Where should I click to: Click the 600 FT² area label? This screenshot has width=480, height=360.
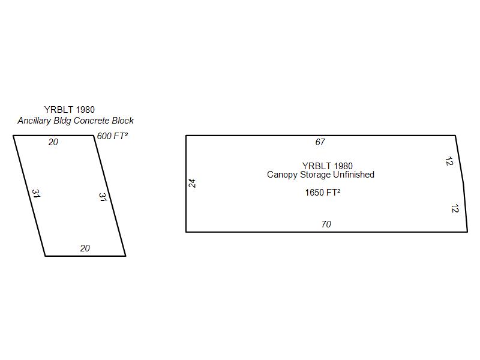coord(112,136)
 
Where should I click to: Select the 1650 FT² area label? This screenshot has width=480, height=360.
coord(323,192)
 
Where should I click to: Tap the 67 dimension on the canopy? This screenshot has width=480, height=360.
coord(320,142)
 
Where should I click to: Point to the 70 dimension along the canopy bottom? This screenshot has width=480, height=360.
coord(326,224)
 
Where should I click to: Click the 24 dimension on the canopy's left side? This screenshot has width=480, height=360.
coord(192,184)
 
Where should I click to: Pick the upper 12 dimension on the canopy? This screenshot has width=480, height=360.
coord(449,161)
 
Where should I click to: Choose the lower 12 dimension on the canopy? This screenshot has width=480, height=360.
coord(455,208)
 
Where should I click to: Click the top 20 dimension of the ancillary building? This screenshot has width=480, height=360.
coord(53,142)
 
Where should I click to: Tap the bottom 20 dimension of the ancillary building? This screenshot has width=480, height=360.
coord(85,248)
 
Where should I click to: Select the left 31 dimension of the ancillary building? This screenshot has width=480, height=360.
coord(36,193)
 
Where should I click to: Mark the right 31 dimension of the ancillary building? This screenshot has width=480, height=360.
coord(103,197)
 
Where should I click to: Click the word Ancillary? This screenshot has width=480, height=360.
coord(34,121)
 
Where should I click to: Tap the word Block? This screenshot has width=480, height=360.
coord(123,121)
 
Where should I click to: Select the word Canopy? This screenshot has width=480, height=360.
coord(282,175)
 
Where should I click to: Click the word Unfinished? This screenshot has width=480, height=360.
coord(353,175)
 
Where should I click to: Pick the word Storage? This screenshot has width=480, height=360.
coord(316,175)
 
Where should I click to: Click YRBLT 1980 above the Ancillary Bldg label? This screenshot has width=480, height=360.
coord(70,109)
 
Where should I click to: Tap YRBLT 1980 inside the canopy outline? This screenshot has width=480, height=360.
coord(328,166)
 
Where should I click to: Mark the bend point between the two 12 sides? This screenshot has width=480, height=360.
coord(464,184)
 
